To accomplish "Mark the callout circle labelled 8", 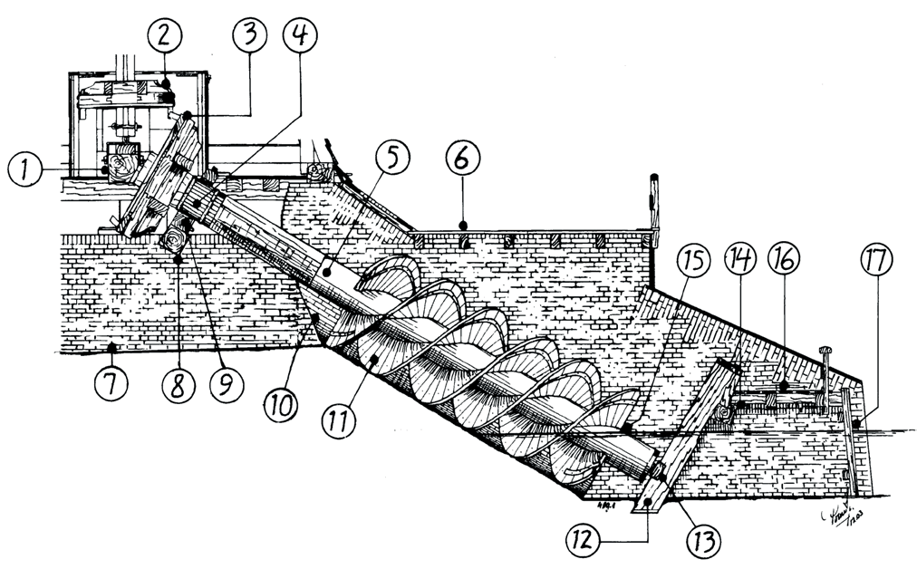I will [x=177, y=381].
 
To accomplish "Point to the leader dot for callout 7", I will [x=111, y=348].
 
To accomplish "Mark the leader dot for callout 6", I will [x=462, y=223].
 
